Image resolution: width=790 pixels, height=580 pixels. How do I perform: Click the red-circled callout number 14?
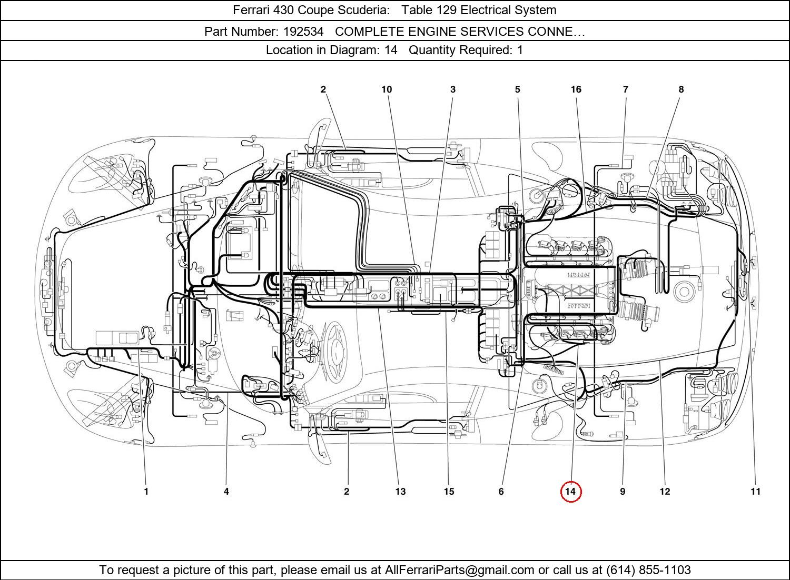570,492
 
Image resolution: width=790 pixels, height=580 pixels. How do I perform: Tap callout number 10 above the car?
387,89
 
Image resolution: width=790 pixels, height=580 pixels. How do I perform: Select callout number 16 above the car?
576,89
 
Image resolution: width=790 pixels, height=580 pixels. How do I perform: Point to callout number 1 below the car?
146,492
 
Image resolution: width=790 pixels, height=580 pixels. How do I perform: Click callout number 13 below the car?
400,492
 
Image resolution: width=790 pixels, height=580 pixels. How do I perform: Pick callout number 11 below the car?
755,492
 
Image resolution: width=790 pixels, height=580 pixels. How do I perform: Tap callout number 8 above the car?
681,89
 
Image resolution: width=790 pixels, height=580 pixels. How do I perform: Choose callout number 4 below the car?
226,492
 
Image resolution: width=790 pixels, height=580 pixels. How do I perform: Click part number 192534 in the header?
303,32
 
